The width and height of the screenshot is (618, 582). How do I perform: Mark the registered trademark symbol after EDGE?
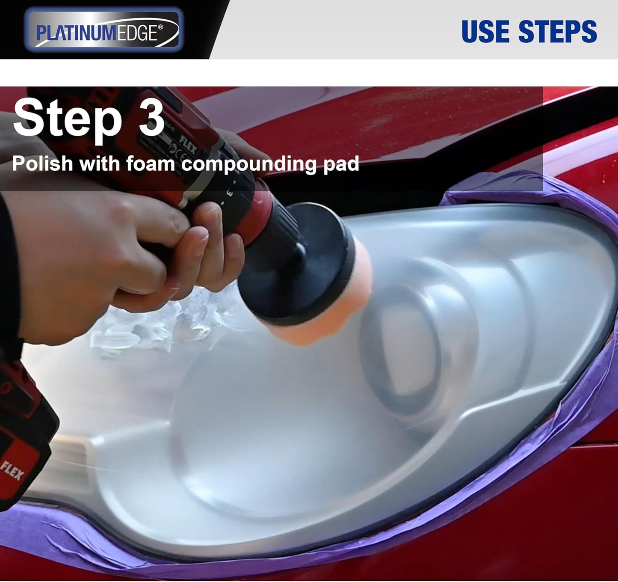point(160,27)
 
